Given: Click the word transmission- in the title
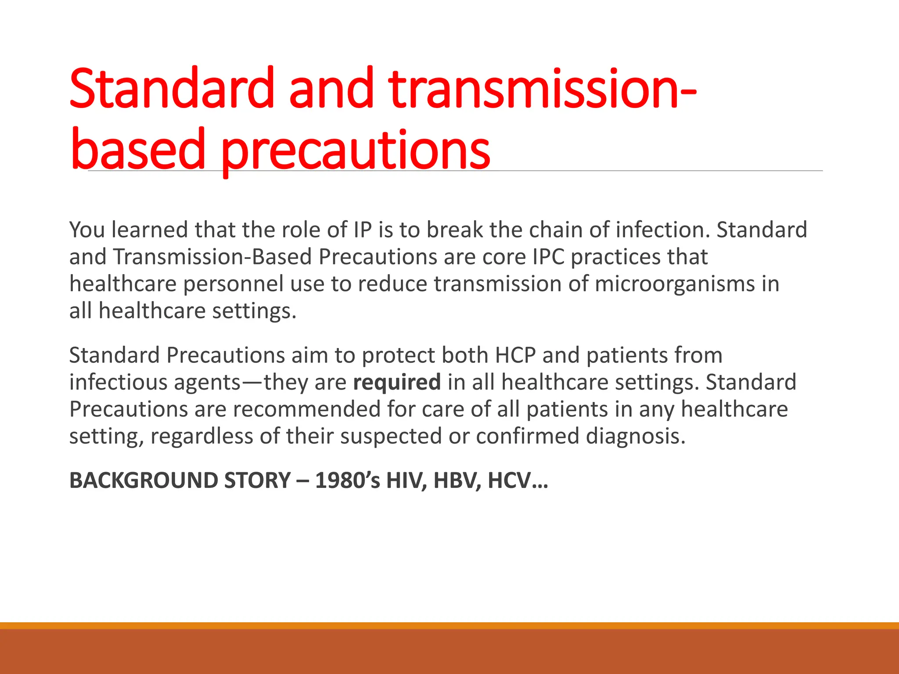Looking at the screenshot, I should pos(542,89).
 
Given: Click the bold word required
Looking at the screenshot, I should pos(397,382).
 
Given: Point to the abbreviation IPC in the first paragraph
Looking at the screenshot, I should pos(548,257).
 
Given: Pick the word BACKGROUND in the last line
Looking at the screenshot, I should pos(143,480).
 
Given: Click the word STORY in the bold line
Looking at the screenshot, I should pos(257,480).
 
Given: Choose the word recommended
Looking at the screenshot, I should pos(306,409).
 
